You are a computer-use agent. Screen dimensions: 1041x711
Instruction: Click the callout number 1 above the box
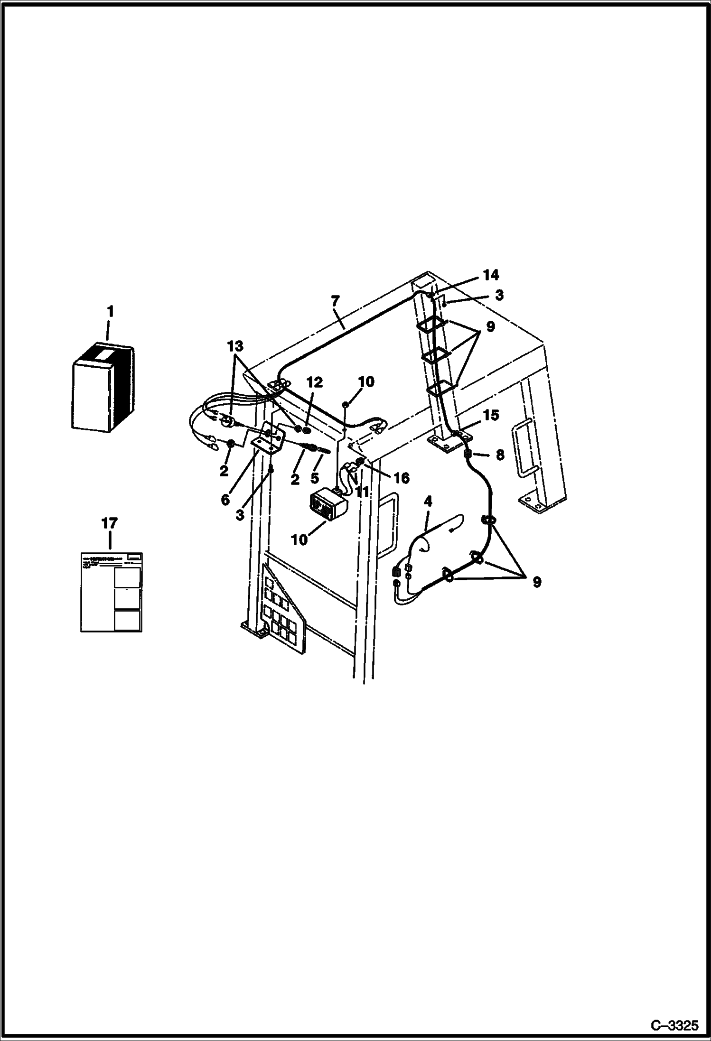click(110, 312)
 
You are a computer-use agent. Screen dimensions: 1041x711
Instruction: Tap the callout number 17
click(110, 524)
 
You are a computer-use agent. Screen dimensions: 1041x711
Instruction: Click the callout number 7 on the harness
click(335, 301)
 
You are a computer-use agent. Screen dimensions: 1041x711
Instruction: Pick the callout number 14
click(491, 275)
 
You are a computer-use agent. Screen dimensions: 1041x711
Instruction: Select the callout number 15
click(491, 415)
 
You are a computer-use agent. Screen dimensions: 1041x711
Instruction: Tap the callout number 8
click(500, 455)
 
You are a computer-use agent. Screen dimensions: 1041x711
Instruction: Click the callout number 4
click(428, 501)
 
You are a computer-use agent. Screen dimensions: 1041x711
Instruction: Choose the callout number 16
click(401, 478)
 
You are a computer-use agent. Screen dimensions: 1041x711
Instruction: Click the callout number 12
click(314, 382)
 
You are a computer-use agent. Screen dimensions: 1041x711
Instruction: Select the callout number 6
click(225, 500)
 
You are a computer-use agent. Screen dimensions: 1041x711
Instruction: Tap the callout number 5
click(314, 478)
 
